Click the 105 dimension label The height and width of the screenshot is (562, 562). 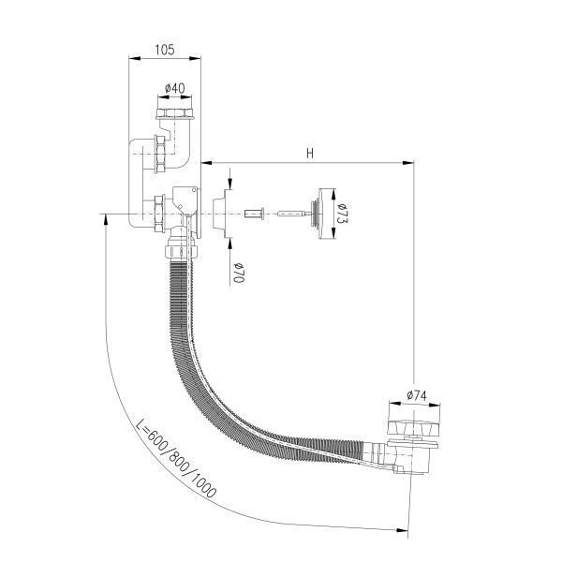(x=165, y=50)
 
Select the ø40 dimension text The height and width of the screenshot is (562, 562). (x=175, y=88)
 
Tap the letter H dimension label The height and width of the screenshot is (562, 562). (x=310, y=154)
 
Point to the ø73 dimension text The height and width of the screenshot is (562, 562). (x=343, y=214)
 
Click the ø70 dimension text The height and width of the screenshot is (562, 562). (x=239, y=273)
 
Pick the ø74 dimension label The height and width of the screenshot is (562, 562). (x=417, y=395)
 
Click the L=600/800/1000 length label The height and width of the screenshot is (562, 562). (x=176, y=458)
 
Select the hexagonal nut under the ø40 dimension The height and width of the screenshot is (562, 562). (x=175, y=113)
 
